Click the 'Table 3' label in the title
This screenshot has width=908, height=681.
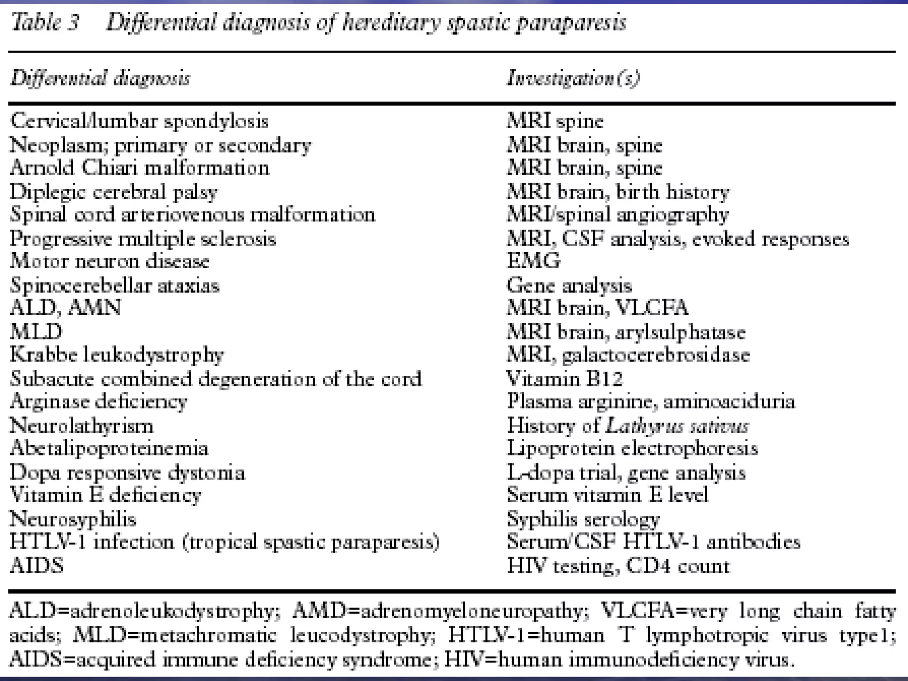45,22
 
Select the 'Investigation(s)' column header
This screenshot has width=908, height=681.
573,79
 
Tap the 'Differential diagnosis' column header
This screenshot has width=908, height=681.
101,79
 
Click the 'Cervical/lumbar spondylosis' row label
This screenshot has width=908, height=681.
139,121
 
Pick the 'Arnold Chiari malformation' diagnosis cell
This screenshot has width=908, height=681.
140,168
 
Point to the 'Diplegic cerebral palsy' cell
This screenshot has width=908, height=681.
114,192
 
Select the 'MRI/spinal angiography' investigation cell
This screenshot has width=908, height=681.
618,215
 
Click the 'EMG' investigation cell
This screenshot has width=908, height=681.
533,261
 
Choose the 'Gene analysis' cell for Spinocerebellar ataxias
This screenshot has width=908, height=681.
569,285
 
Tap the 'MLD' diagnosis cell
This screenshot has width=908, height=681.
36,332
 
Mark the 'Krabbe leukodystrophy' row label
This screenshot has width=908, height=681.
117,355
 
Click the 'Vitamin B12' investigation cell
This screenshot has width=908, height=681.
564,379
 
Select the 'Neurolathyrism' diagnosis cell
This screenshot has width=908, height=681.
82,426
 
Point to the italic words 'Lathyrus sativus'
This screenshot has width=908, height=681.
677,426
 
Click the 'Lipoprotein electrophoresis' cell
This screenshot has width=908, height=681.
632,449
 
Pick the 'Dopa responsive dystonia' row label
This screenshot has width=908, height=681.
127,473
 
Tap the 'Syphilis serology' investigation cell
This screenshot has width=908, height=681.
583,519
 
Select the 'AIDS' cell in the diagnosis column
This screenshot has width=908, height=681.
36,566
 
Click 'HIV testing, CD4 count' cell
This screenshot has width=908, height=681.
618,566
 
